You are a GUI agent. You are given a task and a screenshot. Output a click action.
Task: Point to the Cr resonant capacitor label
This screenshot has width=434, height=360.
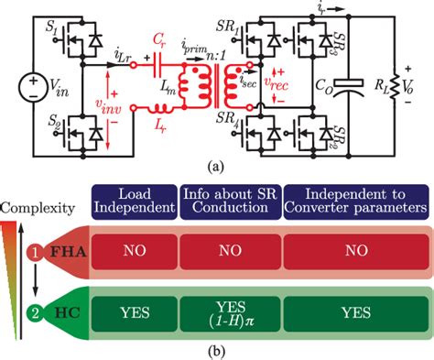coord(159,41)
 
